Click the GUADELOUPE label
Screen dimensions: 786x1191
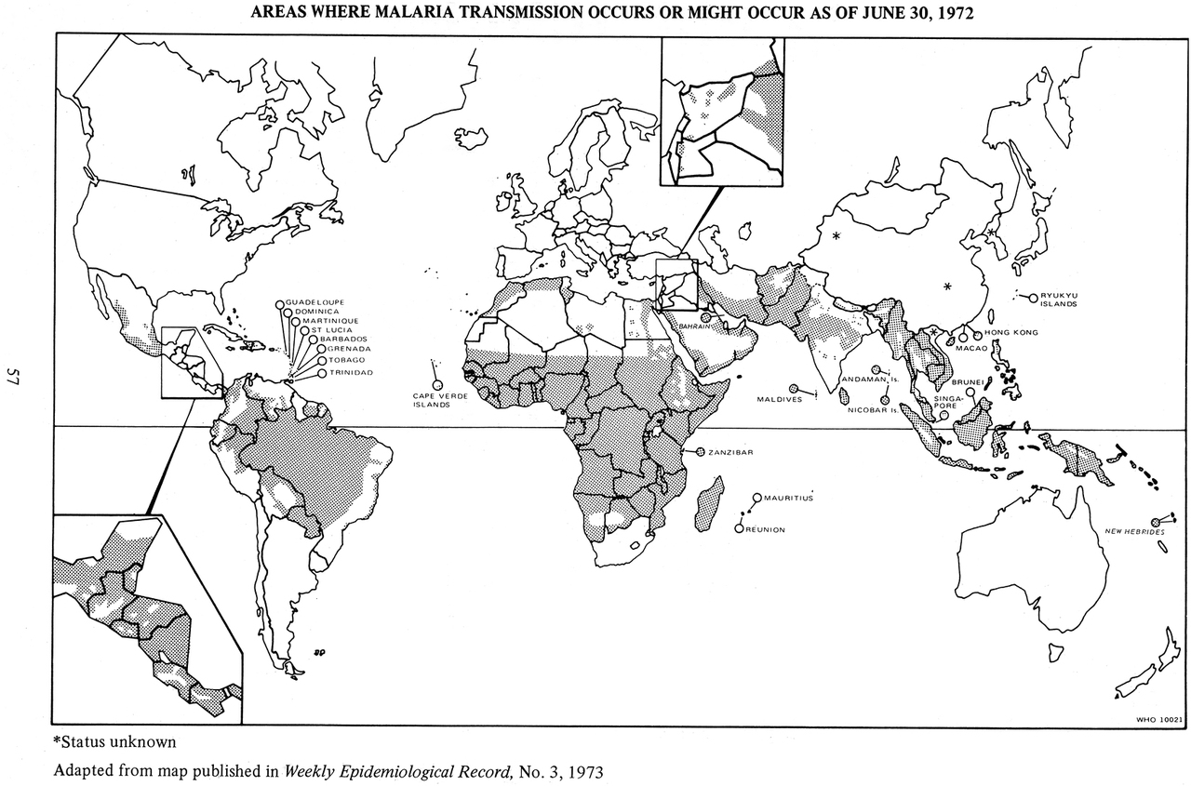(316, 303)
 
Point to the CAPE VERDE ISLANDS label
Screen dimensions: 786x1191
(433, 400)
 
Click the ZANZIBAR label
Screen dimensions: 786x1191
(730, 452)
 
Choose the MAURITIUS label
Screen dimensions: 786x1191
(789, 499)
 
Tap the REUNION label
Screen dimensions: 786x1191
(767, 529)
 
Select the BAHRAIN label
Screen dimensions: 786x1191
(696, 327)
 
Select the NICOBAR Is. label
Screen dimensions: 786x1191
(871, 409)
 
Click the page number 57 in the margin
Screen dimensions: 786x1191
(14, 377)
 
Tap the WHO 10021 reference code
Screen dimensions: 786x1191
(1158, 718)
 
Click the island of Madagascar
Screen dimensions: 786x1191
(710, 502)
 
